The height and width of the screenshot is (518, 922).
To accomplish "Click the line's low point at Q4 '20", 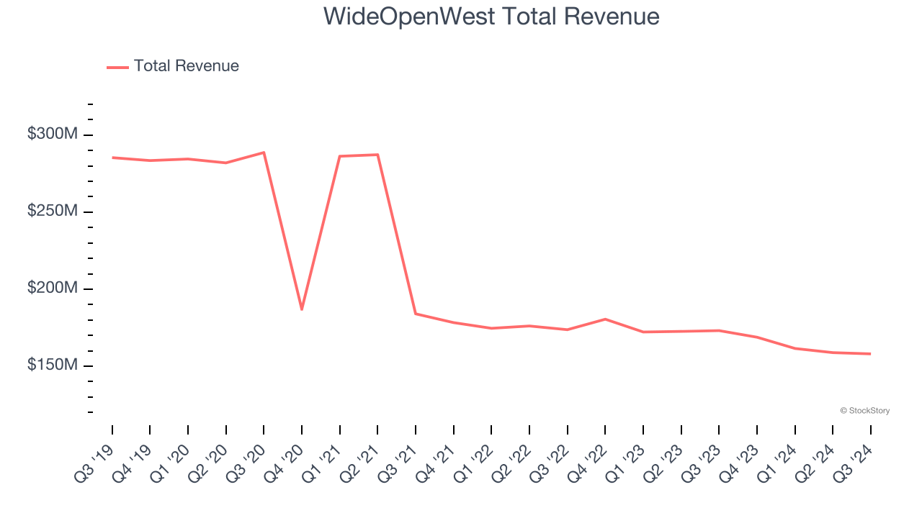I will tap(302, 309).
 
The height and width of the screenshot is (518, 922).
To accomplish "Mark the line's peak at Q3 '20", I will tap(264, 153).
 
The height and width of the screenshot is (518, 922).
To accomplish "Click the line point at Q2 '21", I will tap(377, 155).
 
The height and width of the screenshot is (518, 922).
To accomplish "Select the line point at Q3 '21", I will tap(416, 314).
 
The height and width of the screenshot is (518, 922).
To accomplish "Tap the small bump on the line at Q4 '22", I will tap(605, 319).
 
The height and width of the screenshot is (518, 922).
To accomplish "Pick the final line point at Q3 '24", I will tap(870, 354).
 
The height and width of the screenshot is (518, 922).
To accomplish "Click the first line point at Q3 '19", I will tap(112, 158).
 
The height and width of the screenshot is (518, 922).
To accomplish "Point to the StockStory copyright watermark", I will tap(864, 411).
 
